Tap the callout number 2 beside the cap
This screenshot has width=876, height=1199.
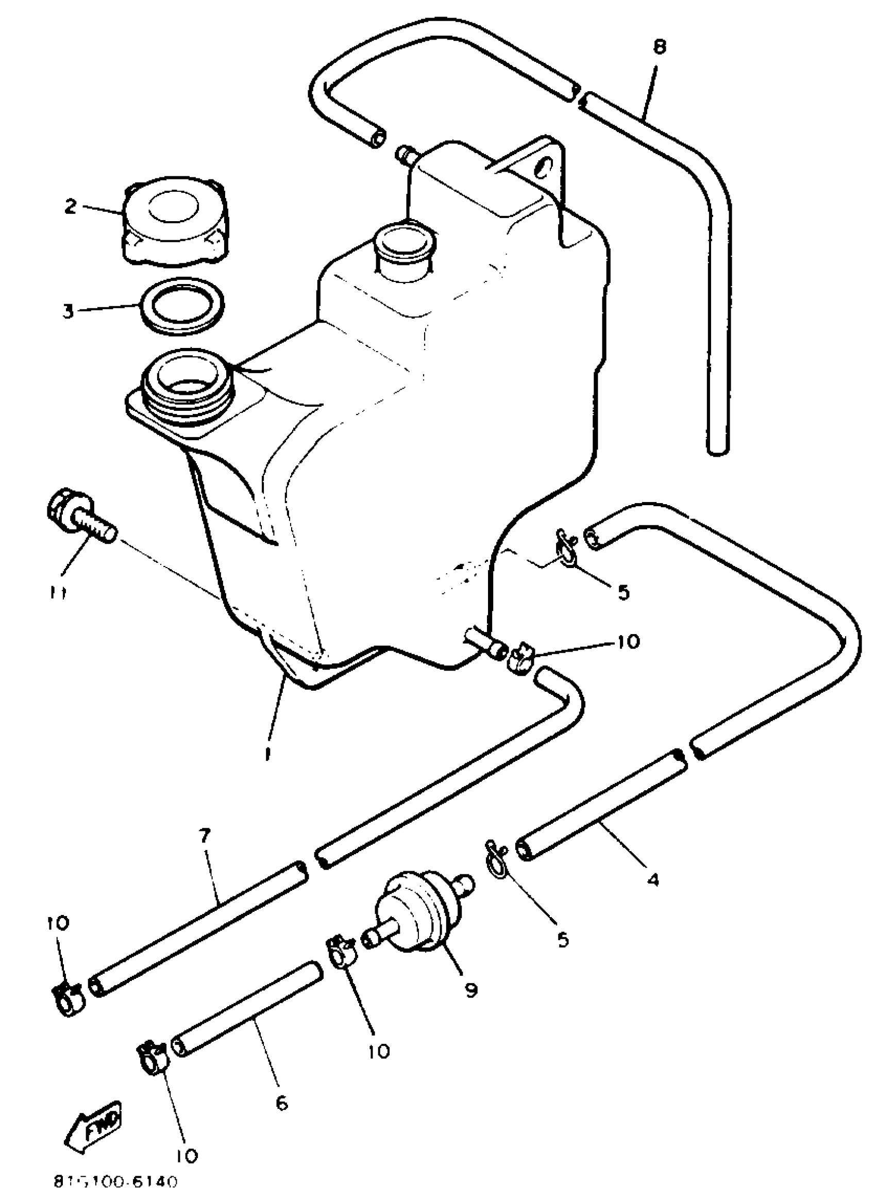(x=71, y=206)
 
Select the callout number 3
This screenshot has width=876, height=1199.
(x=68, y=311)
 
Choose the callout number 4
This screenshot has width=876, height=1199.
(x=653, y=880)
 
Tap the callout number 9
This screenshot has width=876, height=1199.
(x=471, y=990)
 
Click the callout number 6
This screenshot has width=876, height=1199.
(x=281, y=1104)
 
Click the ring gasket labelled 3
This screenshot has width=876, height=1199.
(x=181, y=306)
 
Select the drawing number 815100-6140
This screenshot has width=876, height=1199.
(x=115, y=1182)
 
